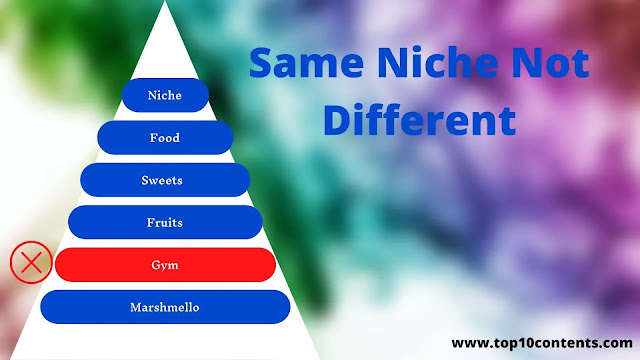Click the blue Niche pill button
click(165, 95)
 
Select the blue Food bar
click(165, 138)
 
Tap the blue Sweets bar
click(165, 180)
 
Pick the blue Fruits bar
click(165, 222)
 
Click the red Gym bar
click(165, 265)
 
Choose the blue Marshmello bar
click(165, 307)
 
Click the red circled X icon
click(31, 262)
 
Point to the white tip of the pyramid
click(164, 2)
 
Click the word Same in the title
click(306, 63)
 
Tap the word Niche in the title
click(438, 62)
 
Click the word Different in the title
click(420, 120)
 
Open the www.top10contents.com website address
click(542, 343)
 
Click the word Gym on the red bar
click(164, 266)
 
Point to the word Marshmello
click(164, 307)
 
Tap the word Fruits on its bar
click(164, 222)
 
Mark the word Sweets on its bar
click(162, 180)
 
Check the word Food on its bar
click(164, 138)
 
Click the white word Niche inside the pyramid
click(164, 95)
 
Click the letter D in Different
click(337, 120)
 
